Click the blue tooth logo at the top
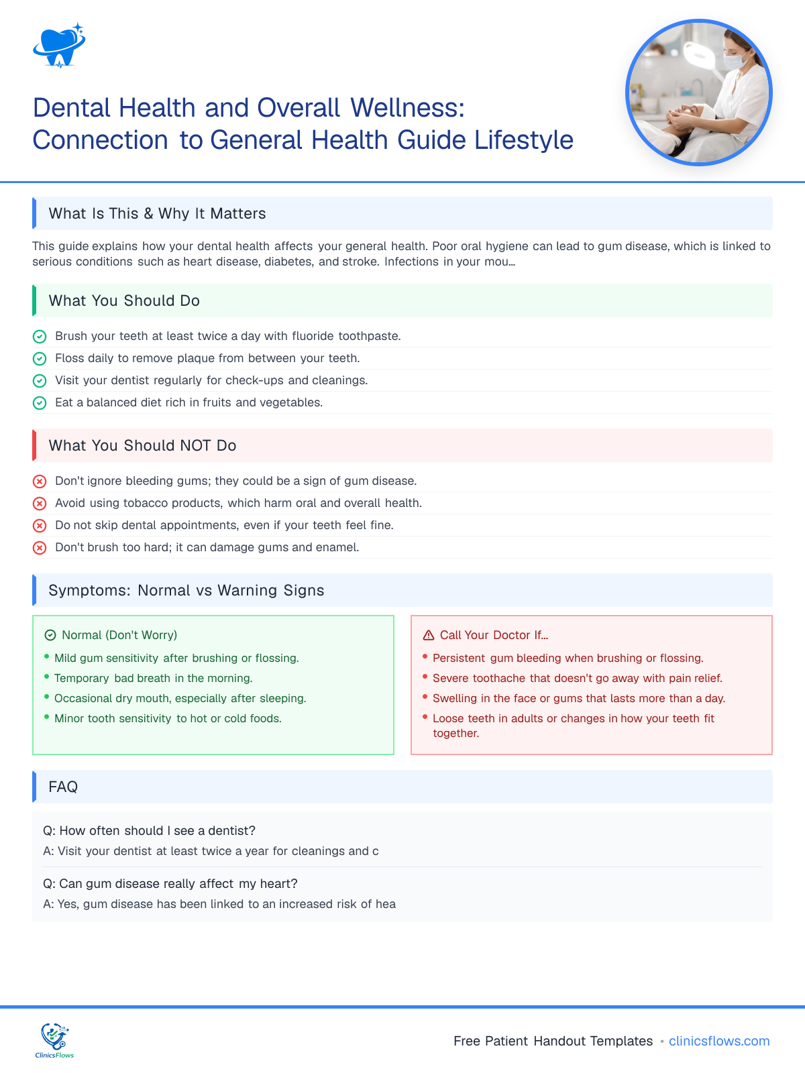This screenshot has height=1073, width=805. tap(59, 46)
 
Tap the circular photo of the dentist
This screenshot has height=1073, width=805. tap(698, 93)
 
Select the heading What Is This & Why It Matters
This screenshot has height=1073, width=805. tap(157, 213)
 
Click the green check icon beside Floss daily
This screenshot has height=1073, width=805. tap(40, 358)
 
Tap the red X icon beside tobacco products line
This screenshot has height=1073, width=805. tap(40, 503)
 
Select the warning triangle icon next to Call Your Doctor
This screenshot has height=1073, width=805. tap(429, 635)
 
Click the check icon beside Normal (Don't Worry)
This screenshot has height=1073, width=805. tap(50, 635)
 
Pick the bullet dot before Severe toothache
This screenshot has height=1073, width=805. tap(425, 677)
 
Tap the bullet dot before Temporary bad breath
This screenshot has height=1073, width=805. tap(47, 677)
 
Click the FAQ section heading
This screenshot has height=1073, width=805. tap(63, 787)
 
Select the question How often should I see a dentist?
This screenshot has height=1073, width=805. tap(149, 830)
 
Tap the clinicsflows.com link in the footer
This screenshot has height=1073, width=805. tap(719, 1041)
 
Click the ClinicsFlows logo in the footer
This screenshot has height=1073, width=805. tap(54, 1040)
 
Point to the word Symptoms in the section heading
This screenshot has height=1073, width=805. tap(89, 590)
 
